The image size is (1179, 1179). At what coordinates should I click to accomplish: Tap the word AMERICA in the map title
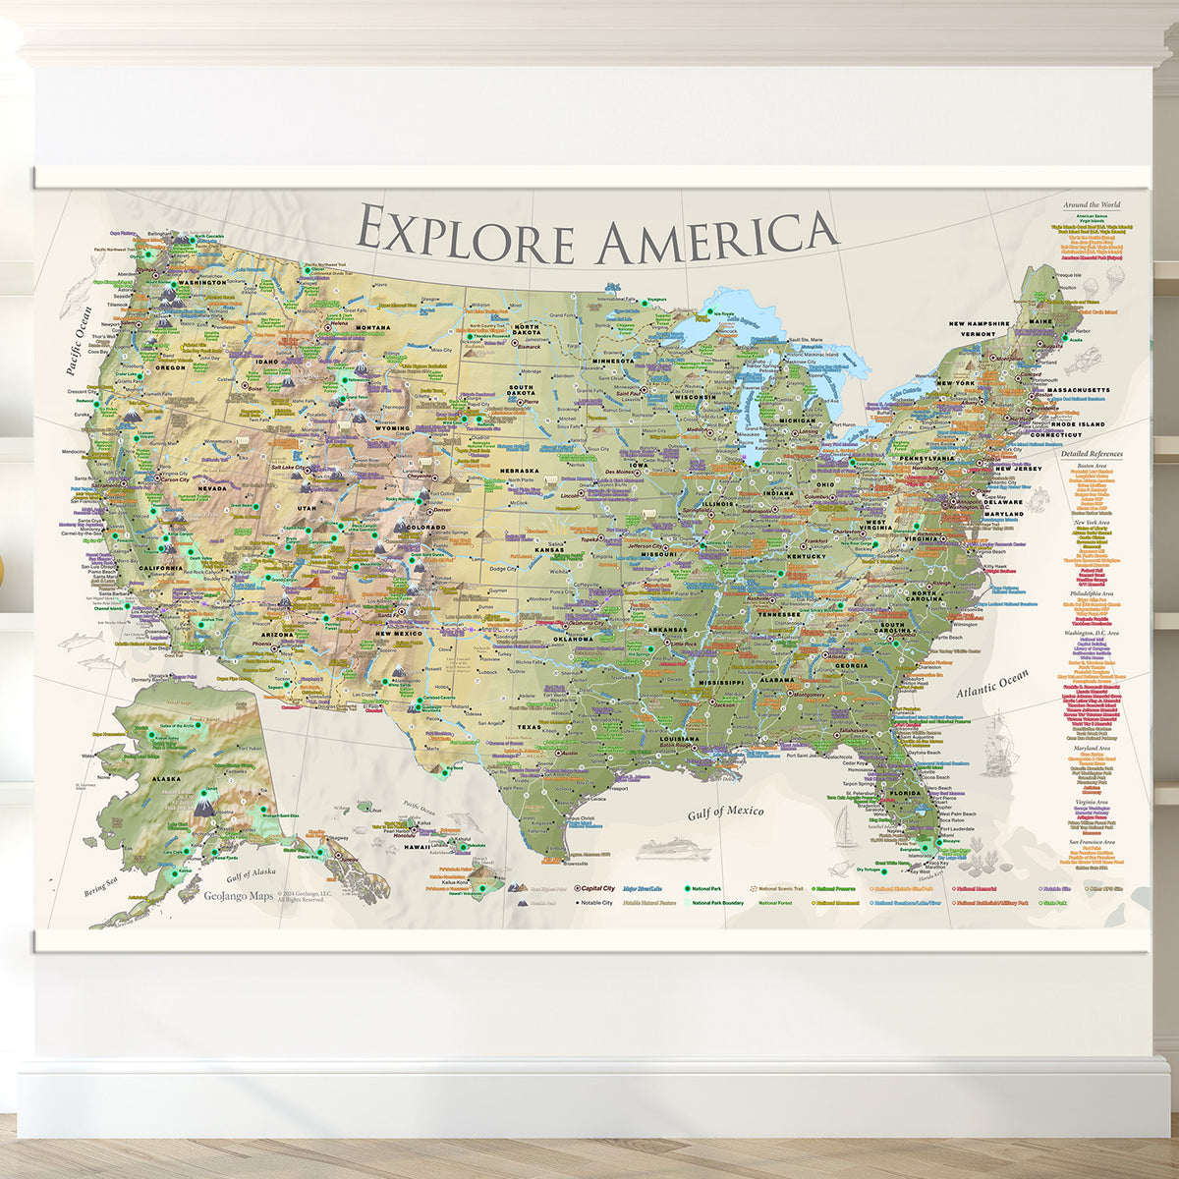pos(717,236)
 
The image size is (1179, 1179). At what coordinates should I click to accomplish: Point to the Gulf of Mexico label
pos(725,812)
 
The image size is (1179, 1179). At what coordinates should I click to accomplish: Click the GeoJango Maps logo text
pos(239,895)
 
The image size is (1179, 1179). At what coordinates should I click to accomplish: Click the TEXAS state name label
pos(530,727)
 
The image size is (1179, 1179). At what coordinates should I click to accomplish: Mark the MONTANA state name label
pos(372,328)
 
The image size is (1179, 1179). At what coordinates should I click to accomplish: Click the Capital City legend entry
pos(596,887)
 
